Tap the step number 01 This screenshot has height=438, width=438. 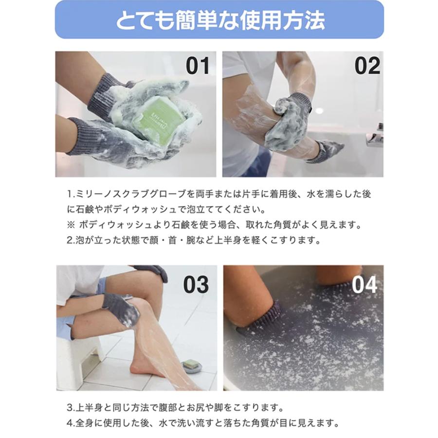point(197,66)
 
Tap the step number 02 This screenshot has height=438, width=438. point(367,66)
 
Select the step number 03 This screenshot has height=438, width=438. point(196,285)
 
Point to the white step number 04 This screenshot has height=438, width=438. point(365,285)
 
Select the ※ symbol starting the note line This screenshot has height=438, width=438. point(71,225)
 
